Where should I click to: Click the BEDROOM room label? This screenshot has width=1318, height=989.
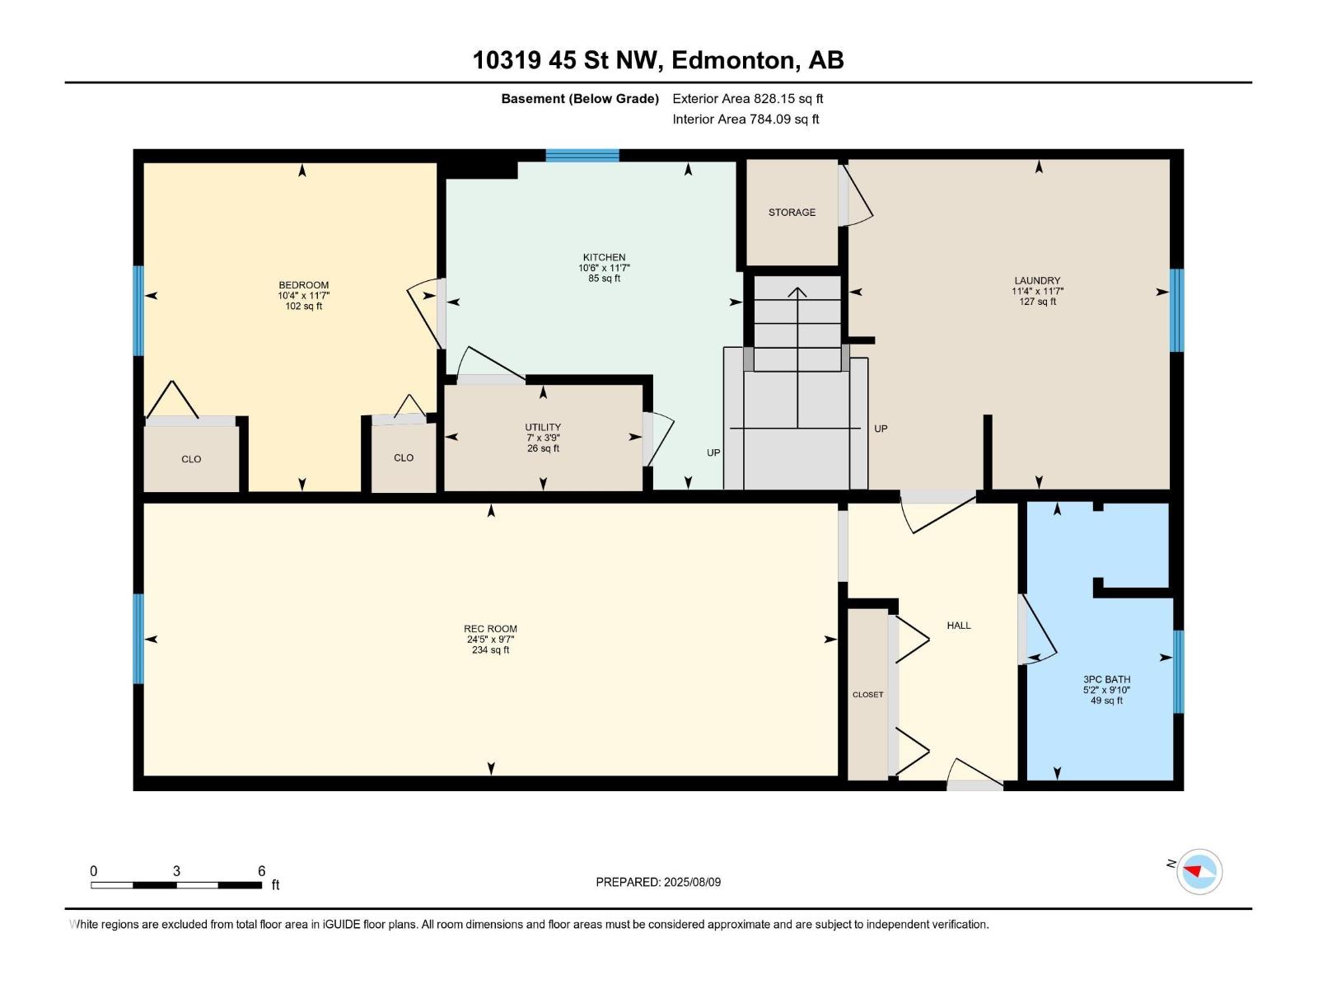coord(303,284)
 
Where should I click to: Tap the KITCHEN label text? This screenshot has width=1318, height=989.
coord(604,257)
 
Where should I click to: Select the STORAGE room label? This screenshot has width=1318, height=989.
coord(792,212)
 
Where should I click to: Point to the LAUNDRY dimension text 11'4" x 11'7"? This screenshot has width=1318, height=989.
coord(1037,291)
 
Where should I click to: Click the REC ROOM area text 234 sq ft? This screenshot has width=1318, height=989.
coord(491,649)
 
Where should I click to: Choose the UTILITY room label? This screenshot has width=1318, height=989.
coord(543,427)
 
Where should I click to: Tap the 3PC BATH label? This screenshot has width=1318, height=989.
coord(1106,679)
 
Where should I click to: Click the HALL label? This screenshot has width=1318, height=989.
coord(959,625)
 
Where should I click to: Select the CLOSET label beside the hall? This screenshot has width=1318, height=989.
coord(867,694)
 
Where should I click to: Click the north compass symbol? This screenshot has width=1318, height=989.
coord(1199,871)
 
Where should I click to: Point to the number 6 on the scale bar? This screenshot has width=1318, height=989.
coord(262,870)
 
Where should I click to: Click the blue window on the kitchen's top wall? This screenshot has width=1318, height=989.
coord(582,156)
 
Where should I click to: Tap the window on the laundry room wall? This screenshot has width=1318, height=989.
coord(1177,310)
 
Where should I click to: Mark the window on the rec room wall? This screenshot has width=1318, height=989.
coord(138,639)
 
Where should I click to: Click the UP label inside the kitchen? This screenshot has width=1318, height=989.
coord(713,452)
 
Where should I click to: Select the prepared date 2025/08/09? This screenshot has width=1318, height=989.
coord(692,882)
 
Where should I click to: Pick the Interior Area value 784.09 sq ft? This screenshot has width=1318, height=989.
coord(784,119)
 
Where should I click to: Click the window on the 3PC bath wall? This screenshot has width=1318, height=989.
coord(1179,672)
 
